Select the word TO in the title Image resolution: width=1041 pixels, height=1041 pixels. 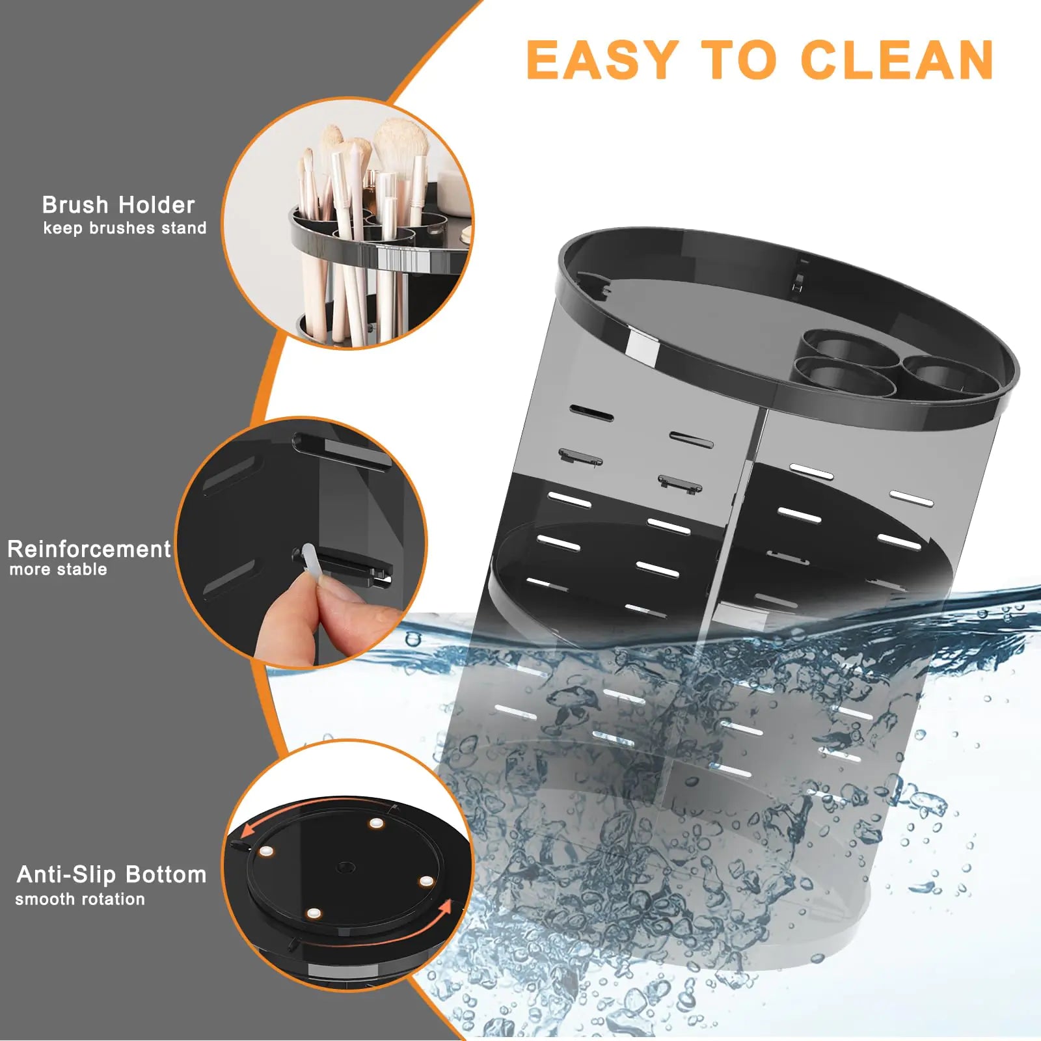pyautogui.click(x=739, y=60)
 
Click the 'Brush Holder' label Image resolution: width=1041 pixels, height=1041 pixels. pyautogui.click(x=118, y=205)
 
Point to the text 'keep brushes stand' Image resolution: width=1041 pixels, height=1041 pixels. pyautogui.click(x=125, y=228)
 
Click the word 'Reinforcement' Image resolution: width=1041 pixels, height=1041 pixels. pyautogui.click(x=89, y=549)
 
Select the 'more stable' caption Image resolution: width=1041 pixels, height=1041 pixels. pyautogui.click(x=59, y=570)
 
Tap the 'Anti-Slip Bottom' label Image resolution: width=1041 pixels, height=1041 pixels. pyautogui.click(x=111, y=874)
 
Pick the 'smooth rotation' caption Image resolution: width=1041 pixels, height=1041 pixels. pyautogui.click(x=80, y=899)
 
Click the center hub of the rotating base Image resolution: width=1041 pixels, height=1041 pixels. pyautogui.click(x=345, y=867)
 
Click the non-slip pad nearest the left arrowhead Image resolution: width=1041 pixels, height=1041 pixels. pyautogui.click(x=265, y=850)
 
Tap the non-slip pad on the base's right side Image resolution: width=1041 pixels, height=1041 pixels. pyautogui.click(x=426, y=881)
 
